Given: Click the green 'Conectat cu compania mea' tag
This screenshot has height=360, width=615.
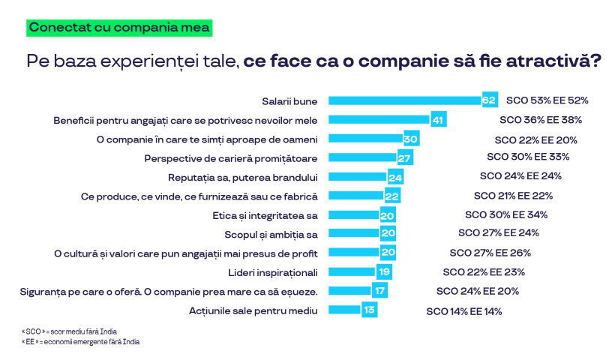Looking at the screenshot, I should [x=119, y=28].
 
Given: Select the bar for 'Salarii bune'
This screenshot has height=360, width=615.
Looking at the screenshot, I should [x=405, y=100].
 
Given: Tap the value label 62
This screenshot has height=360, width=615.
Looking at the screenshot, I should [x=490, y=100].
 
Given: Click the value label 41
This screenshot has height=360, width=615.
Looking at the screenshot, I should [x=439, y=119].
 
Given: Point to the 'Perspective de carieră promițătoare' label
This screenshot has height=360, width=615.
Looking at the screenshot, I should [x=231, y=158].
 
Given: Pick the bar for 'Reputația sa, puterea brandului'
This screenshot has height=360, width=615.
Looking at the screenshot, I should [x=358, y=178].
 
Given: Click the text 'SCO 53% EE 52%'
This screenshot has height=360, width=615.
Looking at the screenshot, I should [x=547, y=100].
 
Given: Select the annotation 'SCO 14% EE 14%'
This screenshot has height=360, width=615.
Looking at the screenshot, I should [x=463, y=310].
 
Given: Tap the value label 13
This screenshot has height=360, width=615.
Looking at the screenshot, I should [x=369, y=310].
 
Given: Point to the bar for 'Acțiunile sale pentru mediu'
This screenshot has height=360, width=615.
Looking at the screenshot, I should [x=344, y=310].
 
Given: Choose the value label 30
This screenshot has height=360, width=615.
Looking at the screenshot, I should [x=410, y=139].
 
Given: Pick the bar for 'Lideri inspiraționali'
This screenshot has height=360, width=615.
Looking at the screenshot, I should [x=352, y=271].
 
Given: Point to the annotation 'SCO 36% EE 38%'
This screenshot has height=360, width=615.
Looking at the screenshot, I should [x=541, y=119].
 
